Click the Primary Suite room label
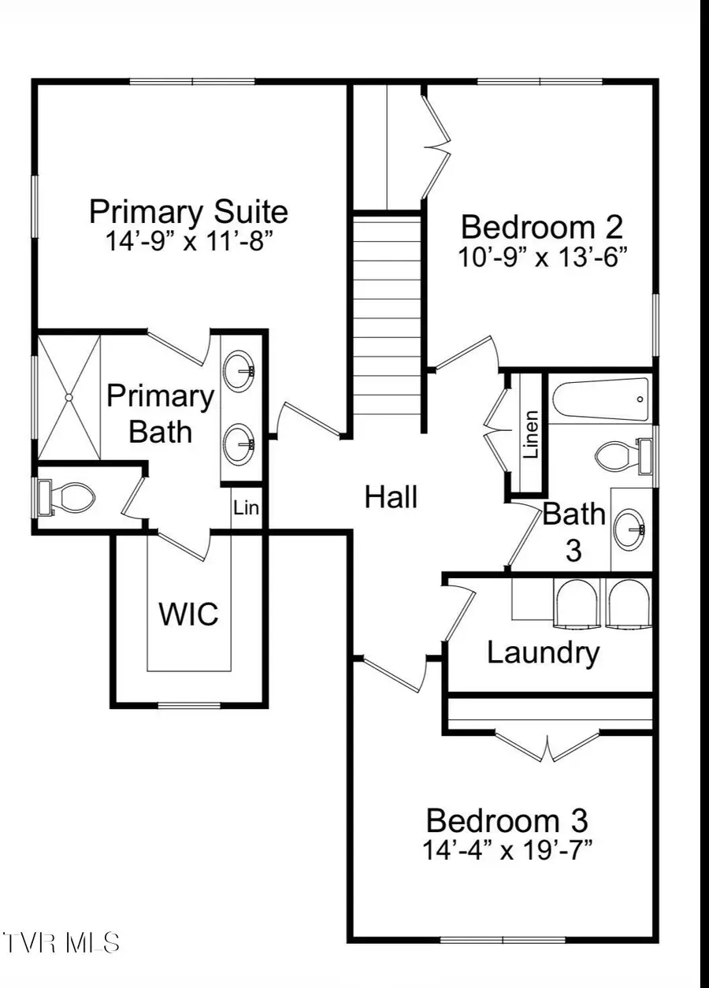pos(188,213)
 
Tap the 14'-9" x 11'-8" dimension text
pos(188,241)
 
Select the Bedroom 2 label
pos(542,228)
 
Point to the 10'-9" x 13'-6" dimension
pos(542,256)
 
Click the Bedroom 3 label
pos(507,821)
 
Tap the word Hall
pos(391,498)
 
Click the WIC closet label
pos(189,614)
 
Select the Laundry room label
pos(543,652)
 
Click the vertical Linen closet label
pos(532,435)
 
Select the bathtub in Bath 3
pos(600,399)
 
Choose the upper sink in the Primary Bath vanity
pos(239,371)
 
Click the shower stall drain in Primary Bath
pos(69,398)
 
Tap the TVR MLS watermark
pos(61,942)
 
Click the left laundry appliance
pos(577,604)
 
